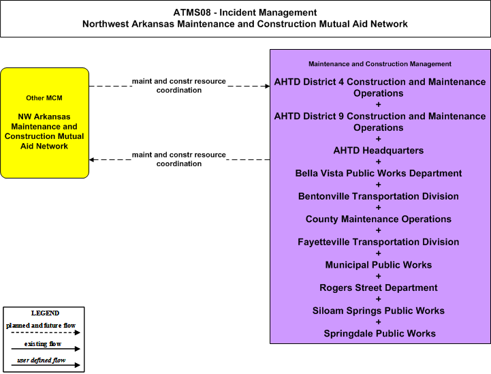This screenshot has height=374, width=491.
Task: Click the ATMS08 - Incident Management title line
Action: pos(245,12)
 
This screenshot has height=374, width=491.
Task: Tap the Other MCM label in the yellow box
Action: pos(44,98)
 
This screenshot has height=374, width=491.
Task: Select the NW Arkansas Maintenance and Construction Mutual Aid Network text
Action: pos(44,131)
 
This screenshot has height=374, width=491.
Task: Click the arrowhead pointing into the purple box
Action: pos(268,86)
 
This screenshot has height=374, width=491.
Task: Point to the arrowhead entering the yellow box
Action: pos(92,159)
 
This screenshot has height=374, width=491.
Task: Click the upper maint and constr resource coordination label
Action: pos(179,86)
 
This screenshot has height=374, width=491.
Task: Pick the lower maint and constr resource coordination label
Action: pos(179,159)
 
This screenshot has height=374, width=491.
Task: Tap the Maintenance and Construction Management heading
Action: pos(380,64)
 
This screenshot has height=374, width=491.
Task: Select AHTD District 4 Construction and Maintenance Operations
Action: pos(380,87)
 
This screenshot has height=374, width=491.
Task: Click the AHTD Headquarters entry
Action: pos(378,151)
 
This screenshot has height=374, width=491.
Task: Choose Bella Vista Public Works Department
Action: pos(378,173)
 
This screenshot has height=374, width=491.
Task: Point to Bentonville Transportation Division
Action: pos(378,196)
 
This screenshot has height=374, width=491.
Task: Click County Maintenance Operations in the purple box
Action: pos(378,219)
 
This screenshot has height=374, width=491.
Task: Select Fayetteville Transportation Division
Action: pos(378,242)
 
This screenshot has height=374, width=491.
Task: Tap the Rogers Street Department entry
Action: pos(378,287)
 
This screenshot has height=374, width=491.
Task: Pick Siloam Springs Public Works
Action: pos(378,311)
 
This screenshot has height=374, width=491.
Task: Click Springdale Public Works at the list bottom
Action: pos(379,333)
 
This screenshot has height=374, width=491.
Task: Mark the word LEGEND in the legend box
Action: pos(45,313)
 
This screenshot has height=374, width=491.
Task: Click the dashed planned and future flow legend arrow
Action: pos(46,332)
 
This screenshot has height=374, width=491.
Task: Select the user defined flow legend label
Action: pos(42,360)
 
